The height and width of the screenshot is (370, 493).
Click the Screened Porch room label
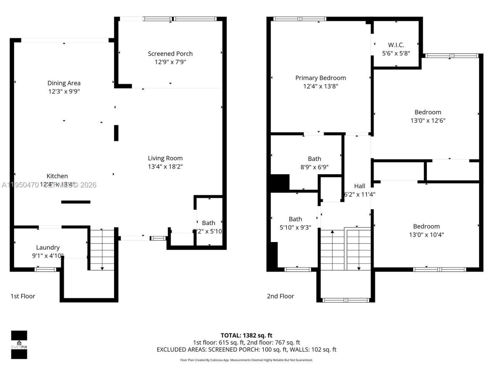pyautogui.click(x=170, y=54)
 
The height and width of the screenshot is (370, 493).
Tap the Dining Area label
pyautogui.click(x=64, y=83)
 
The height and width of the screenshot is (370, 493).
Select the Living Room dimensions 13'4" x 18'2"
pyautogui.click(x=165, y=166)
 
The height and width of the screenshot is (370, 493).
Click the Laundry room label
pyautogui.click(x=48, y=247)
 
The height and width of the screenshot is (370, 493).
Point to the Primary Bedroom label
pyautogui.click(x=320, y=78)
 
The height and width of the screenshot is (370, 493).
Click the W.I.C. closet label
pyautogui.click(x=396, y=45)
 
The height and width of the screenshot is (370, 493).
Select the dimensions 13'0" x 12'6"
pyautogui.click(x=428, y=120)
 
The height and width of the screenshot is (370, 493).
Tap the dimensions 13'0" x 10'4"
pyautogui.click(x=426, y=234)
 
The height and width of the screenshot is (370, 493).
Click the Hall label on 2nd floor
pyautogui.click(x=359, y=186)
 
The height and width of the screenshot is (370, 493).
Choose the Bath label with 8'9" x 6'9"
pyautogui.click(x=314, y=159)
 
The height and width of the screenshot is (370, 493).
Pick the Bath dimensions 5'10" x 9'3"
pyautogui.click(x=295, y=227)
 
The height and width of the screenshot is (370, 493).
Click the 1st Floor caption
pyautogui.click(x=23, y=296)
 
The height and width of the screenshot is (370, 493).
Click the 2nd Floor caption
pyautogui.click(x=280, y=296)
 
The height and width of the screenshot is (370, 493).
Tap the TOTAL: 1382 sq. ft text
pyautogui.click(x=246, y=335)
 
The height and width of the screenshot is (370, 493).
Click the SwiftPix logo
pyautogui.click(x=19, y=345)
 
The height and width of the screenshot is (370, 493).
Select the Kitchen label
pyautogui.click(x=57, y=176)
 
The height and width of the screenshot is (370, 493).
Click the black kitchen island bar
pyautogui.click(x=76, y=202)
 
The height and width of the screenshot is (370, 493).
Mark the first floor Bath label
pyautogui.click(x=208, y=223)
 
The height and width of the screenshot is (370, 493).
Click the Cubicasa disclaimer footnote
pyautogui.click(x=246, y=360)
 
